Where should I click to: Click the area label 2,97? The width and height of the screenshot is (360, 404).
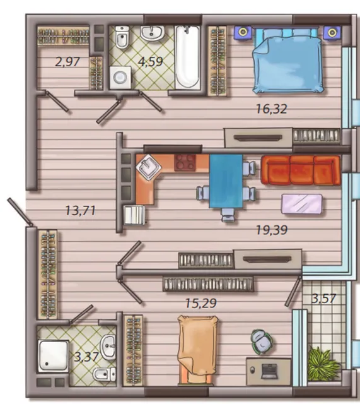(x=67, y=62)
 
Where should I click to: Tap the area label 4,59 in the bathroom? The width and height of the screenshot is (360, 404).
(x=151, y=61)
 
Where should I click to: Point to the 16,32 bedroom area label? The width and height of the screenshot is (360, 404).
(x=272, y=109)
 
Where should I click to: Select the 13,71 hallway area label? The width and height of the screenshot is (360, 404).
(x=80, y=210)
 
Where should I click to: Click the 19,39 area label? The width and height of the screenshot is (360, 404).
(x=272, y=230)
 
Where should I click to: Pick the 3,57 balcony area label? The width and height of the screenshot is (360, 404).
(x=323, y=299)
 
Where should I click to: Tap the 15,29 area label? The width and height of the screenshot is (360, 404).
(x=201, y=303)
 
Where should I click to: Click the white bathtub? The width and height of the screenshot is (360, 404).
(x=188, y=57)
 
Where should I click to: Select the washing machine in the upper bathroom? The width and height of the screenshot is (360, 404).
(x=120, y=78)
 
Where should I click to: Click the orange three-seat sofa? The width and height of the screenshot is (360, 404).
(x=301, y=170)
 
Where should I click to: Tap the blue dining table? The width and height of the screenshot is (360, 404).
(x=226, y=181)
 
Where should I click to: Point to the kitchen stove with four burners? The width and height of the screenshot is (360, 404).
(x=185, y=163)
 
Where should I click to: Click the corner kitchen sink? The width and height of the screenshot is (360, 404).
(x=149, y=167)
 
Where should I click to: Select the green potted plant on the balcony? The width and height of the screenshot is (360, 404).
(x=323, y=364)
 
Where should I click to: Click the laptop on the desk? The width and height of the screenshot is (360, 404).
(x=269, y=371)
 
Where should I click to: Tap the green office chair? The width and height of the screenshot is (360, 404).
(x=262, y=342)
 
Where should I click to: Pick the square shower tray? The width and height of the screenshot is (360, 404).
(x=54, y=356)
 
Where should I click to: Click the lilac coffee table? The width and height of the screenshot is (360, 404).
(x=301, y=204)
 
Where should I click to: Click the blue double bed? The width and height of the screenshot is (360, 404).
(x=287, y=60)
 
